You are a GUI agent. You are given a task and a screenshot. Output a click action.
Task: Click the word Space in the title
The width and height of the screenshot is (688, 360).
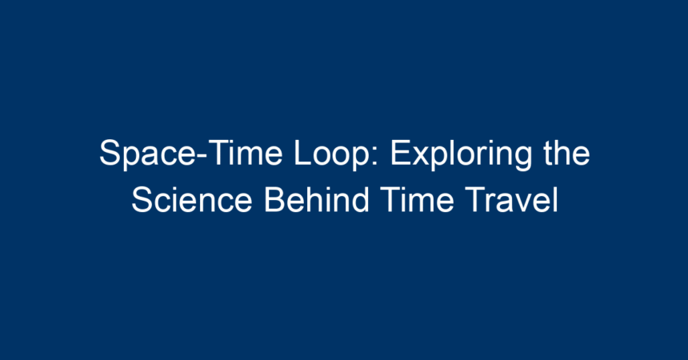(147, 154)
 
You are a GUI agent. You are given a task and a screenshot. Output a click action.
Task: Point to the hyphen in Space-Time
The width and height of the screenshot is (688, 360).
(202, 156)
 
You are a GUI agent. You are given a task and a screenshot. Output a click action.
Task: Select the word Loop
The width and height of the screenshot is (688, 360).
(332, 154)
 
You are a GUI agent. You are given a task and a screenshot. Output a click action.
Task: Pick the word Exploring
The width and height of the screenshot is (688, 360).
(461, 154)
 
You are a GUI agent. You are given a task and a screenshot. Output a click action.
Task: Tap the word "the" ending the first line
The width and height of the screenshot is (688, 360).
(566, 153)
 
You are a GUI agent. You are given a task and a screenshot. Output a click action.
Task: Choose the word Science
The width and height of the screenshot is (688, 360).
(192, 200)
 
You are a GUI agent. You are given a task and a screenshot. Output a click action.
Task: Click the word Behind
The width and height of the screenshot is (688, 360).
(316, 200)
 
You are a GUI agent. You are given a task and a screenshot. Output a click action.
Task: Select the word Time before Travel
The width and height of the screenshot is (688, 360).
(417, 200)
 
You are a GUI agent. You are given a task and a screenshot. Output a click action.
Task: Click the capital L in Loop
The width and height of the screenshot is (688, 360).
(302, 153)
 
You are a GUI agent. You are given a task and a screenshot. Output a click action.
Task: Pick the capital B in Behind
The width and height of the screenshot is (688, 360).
(274, 200)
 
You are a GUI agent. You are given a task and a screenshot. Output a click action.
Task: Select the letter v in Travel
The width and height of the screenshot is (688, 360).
(521, 203)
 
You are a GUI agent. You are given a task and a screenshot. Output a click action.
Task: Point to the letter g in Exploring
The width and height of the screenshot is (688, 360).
(522, 159)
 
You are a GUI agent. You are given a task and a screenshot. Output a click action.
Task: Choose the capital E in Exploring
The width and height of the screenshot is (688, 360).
(400, 153)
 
